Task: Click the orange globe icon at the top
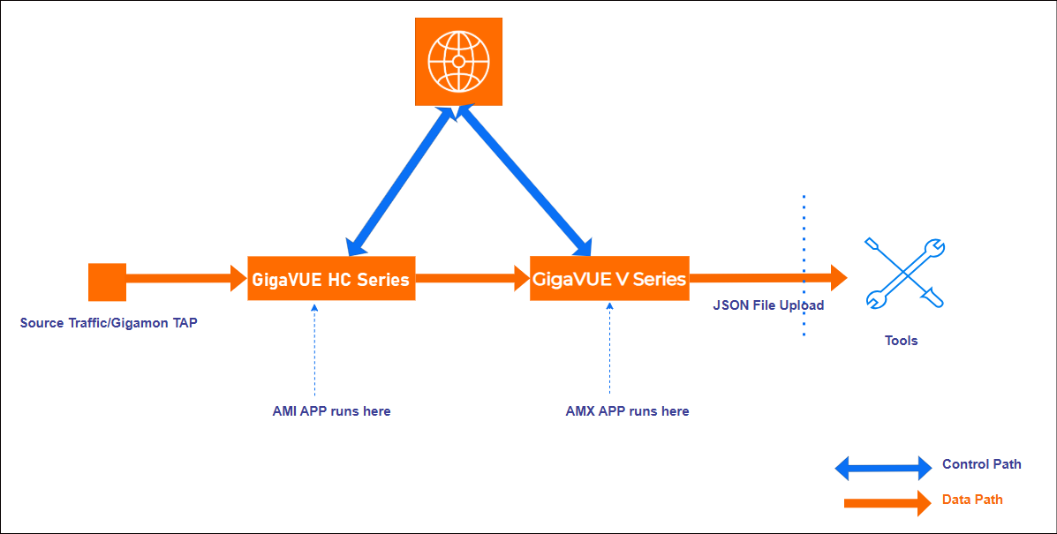pyautogui.click(x=458, y=62)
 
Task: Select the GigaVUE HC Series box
pyautogui.click(x=331, y=279)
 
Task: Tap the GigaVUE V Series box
pyautogui.click(x=609, y=279)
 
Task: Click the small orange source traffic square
pyautogui.click(x=108, y=282)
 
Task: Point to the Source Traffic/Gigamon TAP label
pyautogui.click(x=109, y=323)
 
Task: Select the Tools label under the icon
pyautogui.click(x=902, y=341)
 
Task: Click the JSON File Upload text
pyautogui.click(x=768, y=305)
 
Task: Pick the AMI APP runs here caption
pyautogui.click(x=331, y=411)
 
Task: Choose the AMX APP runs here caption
pyautogui.click(x=627, y=411)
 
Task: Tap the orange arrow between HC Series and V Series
pyautogui.click(x=472, y=279)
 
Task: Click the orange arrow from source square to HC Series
pyautogui.click(x=185, y=279)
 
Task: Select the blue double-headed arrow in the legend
pyautogui.click(x=883, y=468)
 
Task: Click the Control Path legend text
pyautogui.click(x=981, y=464)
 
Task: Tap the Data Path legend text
pyautogui.click(x=972, y=500)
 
